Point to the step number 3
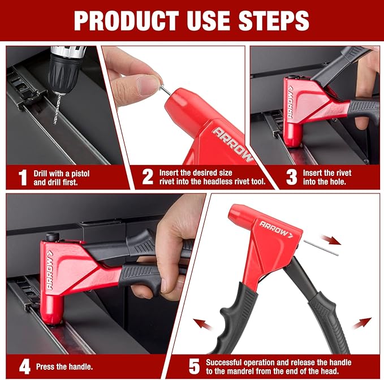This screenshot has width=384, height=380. click(291, 177)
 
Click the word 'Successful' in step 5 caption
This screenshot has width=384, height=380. click(226, 362)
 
